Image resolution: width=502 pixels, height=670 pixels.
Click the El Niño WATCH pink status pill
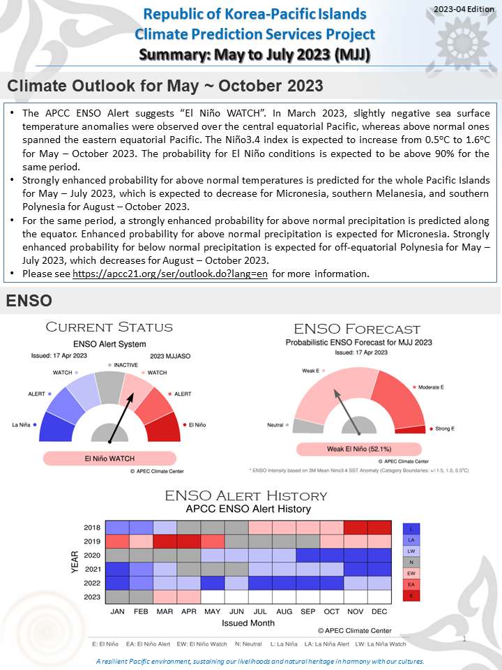[110, 459]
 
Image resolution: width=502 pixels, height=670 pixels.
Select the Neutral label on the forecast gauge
[275, 425]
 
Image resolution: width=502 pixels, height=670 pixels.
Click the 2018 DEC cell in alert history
[379, 527]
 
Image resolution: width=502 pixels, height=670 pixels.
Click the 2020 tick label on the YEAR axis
[92, 555]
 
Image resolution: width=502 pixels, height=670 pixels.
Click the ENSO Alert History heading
[245, 496]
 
